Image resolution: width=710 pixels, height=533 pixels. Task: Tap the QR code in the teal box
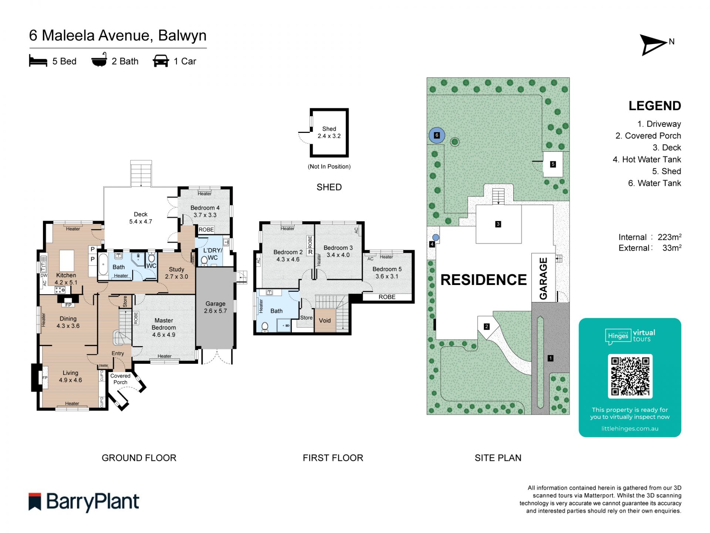pos(630,376)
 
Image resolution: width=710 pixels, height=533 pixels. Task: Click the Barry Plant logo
pos(84,502)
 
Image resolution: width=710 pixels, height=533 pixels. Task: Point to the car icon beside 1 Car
pos(161,61)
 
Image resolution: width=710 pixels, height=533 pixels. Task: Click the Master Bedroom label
pos(163,327)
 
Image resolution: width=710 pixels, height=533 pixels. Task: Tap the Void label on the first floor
pos(325,321)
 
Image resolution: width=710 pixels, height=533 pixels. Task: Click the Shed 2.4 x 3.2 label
pos(329,133)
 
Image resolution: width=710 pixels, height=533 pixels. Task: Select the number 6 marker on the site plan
pos(437,135)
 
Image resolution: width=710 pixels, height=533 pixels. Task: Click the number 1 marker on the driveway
pos(550,358)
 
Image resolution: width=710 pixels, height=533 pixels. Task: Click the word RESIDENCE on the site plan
pos(483,280)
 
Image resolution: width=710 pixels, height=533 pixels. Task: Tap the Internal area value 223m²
pos(669,237)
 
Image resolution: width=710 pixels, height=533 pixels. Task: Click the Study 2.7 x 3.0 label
pos(176,273)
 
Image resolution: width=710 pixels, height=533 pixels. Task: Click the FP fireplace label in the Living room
pos(45,378)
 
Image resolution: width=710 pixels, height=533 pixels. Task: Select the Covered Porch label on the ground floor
pos(120,379)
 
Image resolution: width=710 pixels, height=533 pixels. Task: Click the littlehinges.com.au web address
pos(630,429)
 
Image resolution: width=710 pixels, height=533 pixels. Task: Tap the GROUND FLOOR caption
pos(139,458)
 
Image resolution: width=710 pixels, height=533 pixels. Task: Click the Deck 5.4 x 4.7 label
pos(141,218)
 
